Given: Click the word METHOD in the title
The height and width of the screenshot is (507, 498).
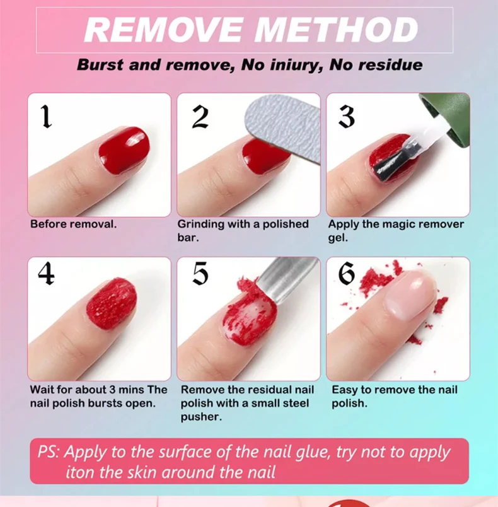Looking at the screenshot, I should coord(337,30).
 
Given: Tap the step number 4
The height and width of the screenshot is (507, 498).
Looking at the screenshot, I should coord(46,273).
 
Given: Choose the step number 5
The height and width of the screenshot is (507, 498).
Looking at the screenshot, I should coord(200,273).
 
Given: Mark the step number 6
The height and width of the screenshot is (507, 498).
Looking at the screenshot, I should coord(347,273).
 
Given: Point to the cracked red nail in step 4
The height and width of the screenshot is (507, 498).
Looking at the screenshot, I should coord(111,303).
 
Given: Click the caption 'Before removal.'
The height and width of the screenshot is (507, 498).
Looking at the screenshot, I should coord(73,224).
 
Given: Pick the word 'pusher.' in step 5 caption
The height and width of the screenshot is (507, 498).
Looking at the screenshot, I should coord(199,417).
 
